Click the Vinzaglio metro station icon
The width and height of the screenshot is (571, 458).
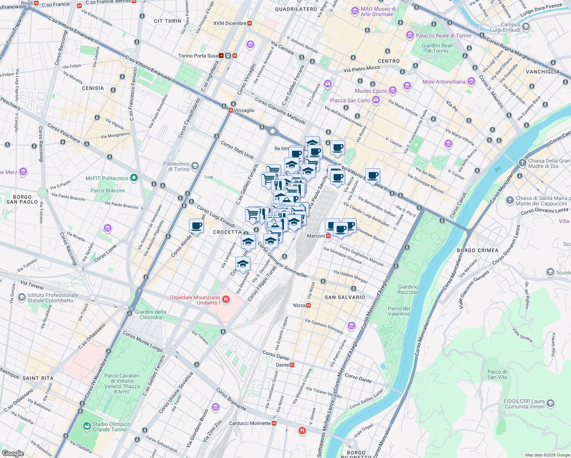pyautogui.click(x=231, y=110)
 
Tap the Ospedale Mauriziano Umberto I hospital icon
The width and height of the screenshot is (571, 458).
pyautogui.click(x=226, y=299)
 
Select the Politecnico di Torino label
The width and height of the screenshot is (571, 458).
pyautogui.click(x=176, y=166)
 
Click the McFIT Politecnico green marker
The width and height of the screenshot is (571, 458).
pyautogui.click(x=134, y=178)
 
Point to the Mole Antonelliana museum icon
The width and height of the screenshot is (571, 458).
pyautogui.click(x=471, y=81)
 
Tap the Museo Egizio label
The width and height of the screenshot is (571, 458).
pyautogui.click(x=371, y=91)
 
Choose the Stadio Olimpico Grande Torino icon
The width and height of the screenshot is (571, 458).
pyautogui.click(x=87, y=426)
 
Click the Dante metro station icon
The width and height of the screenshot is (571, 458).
pyautogui.click(x=292, y=365)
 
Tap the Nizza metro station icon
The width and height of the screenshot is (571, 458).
pyautogui.click(x=308, y=305)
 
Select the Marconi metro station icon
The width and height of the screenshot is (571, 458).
pyautogui.click(x=328, y=236)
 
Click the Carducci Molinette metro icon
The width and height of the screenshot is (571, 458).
pyautogui.click(x=274, y=423)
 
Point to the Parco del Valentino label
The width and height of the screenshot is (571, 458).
pyautogui.click(x=399, y=311)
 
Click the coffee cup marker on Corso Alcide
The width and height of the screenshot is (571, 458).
pyautogui.click(x=196, y=226)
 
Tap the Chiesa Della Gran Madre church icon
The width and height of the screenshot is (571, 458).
pyautogui.click(x=522, y=163)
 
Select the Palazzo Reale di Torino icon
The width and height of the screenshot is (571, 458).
pyautogui.click(x=410, y=35)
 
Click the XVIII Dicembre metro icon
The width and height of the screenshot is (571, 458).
pyautogui.click(x=250, y=23)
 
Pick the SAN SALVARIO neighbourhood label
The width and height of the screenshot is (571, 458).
pyautogui.click(x=345, y=297)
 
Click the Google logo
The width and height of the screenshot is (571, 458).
pyautogui.click(x=13, y=453)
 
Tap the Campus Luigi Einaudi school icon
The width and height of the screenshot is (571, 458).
pyautogui.click(x=526, y=27)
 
